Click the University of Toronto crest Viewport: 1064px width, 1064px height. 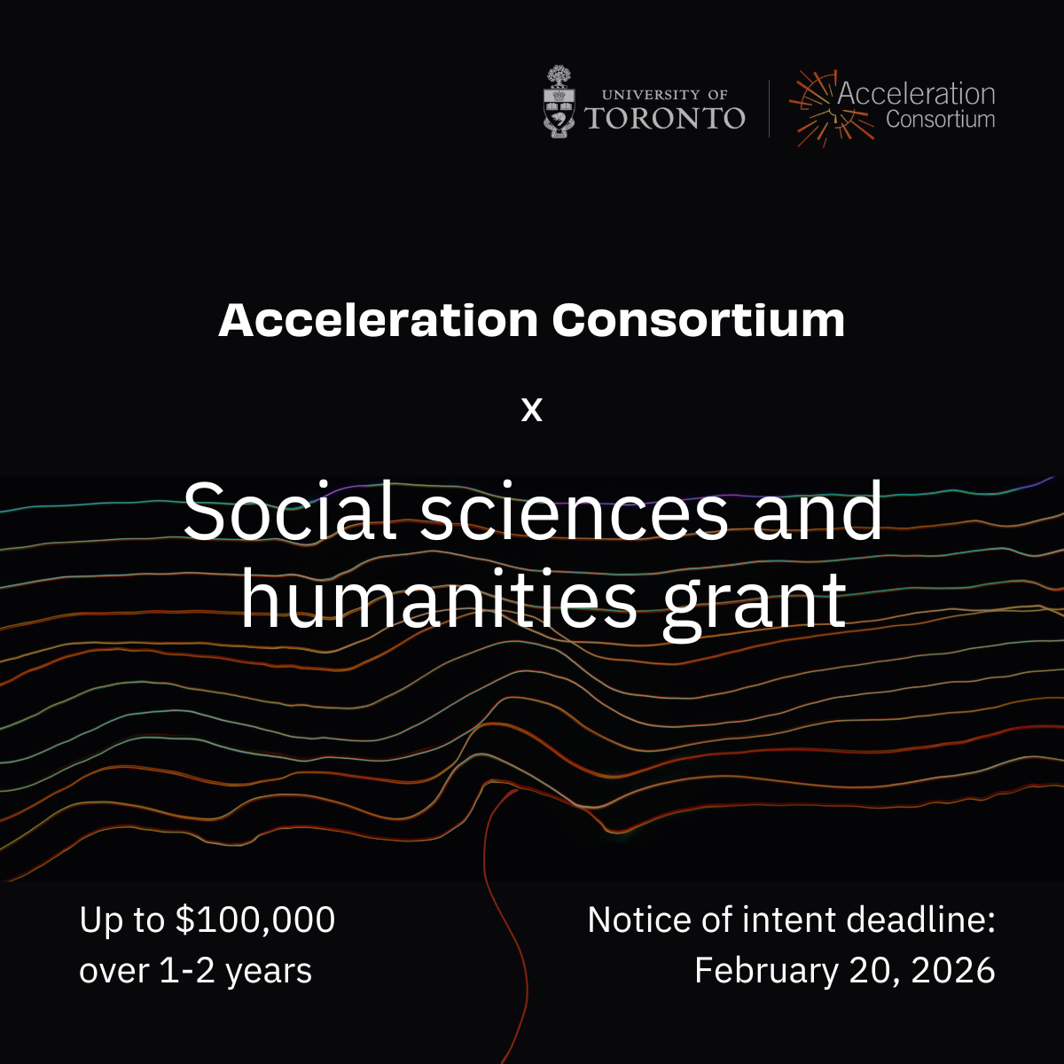click(x=559, y=102)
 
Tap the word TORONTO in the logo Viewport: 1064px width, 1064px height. click(x=665, y=118)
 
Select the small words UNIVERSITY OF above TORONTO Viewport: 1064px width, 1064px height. click(x=665, y=95)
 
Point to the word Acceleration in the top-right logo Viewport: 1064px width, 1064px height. click(x=916, y=93)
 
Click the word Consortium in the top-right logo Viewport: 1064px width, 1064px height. click(x=941, y=120)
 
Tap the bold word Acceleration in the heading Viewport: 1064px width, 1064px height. click(x=379, y=320)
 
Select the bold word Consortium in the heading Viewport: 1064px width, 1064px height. click(x=699, y=320)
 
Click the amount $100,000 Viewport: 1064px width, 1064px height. click(x=255, y=919)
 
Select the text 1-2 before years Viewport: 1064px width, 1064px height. click(x=186, y=971)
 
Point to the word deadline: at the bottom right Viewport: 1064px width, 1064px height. click(x=921, y=919)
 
